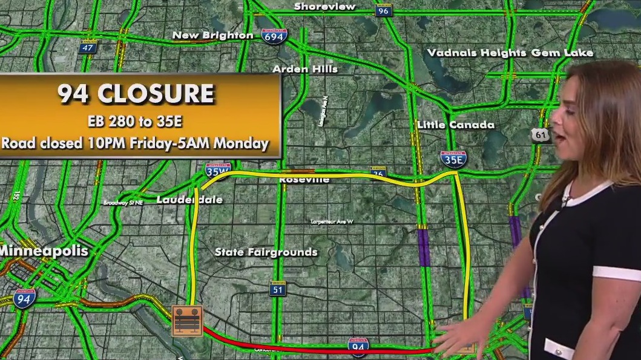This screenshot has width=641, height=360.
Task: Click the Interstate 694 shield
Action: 275,36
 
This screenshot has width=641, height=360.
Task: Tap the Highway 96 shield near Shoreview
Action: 383,10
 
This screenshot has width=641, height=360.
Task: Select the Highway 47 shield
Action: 88,47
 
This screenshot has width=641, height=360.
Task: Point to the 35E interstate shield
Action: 453,159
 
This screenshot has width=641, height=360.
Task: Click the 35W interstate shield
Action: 217,171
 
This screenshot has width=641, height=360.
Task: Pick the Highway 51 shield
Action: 278,290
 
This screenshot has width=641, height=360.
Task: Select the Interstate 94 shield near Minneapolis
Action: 24,296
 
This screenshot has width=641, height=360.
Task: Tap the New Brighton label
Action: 212,35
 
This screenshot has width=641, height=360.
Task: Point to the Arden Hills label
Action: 304,69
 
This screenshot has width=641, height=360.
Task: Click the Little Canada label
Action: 455,125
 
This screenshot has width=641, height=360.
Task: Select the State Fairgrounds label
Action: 266,252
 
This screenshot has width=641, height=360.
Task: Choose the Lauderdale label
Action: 189,200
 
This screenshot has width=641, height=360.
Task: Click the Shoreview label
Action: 324,7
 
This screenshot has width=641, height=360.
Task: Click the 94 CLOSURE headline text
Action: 136,94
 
